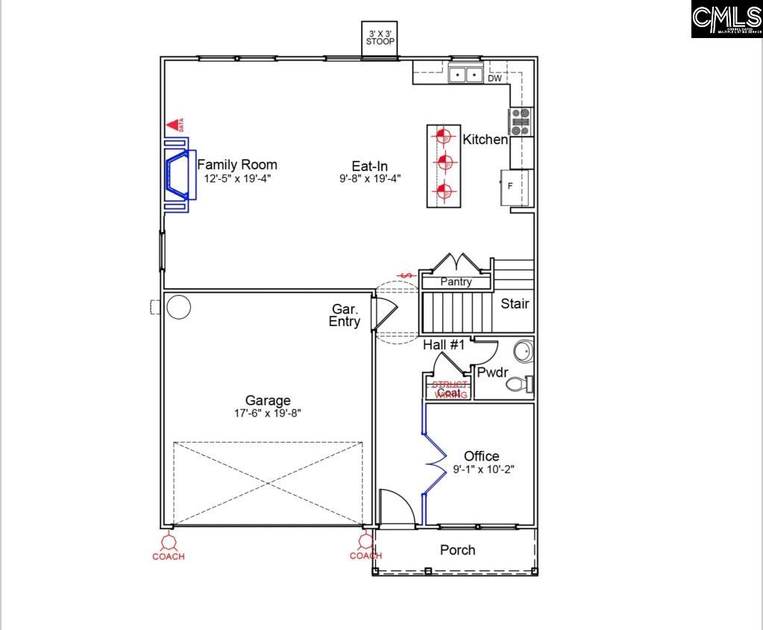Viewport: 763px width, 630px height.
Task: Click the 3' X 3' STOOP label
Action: click(x=380, y=37)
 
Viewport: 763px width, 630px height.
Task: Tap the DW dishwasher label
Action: click(x=494, y=78)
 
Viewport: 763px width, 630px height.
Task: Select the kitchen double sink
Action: click(x=465, y=75)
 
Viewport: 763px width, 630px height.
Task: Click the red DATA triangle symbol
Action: click(x=175, y=125)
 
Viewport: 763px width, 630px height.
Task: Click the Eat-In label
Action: click(x=370, y=166)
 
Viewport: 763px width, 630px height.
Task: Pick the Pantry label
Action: click(x=456, y=282)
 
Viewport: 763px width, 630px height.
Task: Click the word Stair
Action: click(x=515, y=304)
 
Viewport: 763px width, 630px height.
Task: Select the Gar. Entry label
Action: click(x=345, y=315)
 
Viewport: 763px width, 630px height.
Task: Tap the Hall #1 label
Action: click(x=444, y=345)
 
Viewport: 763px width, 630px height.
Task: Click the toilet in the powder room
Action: click(x=520, y=384)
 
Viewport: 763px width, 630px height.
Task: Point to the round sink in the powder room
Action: click(x=524, y=351)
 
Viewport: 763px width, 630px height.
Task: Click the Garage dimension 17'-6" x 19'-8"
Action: click(x=268, y=413)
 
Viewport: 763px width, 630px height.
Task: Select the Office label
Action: click(x=481, y=456)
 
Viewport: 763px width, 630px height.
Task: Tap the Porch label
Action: click(x=457, y=550)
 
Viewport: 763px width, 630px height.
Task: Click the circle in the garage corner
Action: click(x=178, y=307)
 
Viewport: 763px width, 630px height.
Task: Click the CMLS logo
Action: click(x=726, y=19)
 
